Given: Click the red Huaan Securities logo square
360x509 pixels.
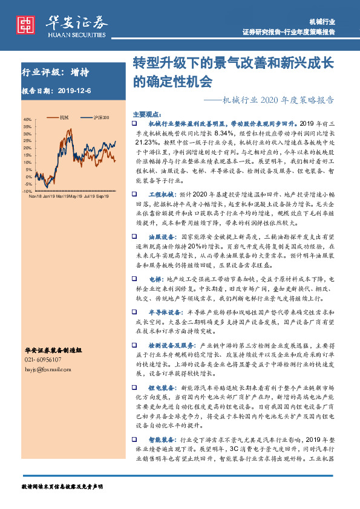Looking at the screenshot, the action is [x=25, y=25].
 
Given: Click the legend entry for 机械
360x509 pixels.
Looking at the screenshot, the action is [x=65, y=117].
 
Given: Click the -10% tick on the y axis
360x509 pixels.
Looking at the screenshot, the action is [x=27, y=190].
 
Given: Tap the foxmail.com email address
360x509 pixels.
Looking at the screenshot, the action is [x=44, y=368].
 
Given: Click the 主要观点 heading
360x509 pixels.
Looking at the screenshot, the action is [x=146, y=114].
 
